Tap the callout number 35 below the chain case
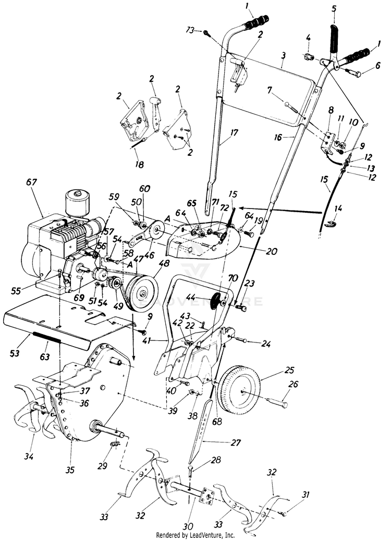pos(70,470)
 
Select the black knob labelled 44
pos(214,302)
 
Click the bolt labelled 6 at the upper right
pos(351,73)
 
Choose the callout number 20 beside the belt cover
pos(272,251)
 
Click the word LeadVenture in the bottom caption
pos(212,535)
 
